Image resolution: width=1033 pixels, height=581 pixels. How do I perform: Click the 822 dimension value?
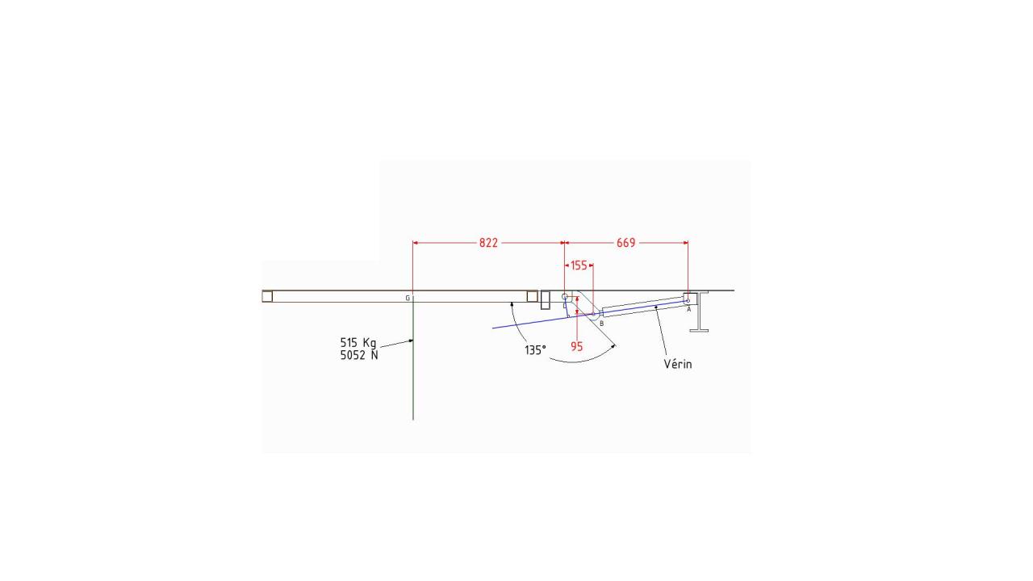point(488,243)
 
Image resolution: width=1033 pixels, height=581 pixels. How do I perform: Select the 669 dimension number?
point(625,243)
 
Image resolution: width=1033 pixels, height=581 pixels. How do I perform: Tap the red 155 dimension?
point(579,265)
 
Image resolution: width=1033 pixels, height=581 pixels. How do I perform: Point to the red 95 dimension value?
point(576,347)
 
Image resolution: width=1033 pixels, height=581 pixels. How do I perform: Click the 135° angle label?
point(535,350)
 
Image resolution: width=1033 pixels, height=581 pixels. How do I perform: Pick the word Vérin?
point(678,364)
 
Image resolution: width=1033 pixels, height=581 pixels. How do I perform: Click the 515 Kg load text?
point(358,343)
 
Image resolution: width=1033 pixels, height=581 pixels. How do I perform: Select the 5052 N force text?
point(359,356)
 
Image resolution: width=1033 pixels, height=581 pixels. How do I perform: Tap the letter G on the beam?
point(408,299)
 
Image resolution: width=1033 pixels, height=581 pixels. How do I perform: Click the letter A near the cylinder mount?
point(689,309)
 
